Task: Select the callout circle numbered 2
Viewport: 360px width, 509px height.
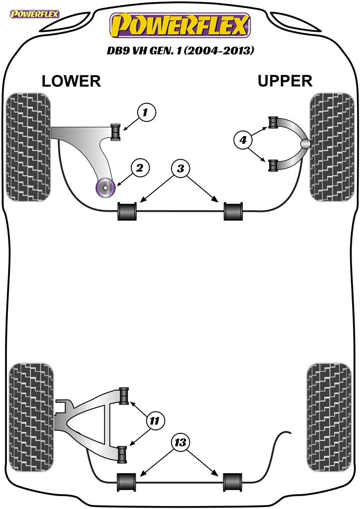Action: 140,168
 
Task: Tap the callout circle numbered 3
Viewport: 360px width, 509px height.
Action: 180,169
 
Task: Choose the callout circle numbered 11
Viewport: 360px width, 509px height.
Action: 155,421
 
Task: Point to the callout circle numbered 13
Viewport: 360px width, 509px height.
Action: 180,442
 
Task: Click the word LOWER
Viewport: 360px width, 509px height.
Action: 71,81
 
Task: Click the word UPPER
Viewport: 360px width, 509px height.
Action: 285,81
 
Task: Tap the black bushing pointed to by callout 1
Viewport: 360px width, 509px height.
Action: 116,132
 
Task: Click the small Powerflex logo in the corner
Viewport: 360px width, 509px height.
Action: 34,14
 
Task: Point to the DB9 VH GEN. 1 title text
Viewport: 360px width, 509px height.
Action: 180,51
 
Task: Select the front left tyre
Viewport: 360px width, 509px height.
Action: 28,147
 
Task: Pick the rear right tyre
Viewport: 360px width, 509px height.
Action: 329,418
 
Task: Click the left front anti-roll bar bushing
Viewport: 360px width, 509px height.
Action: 128,211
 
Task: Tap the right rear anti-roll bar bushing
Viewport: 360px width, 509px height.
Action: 233,482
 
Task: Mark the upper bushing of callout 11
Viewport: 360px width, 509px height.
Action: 124,396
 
